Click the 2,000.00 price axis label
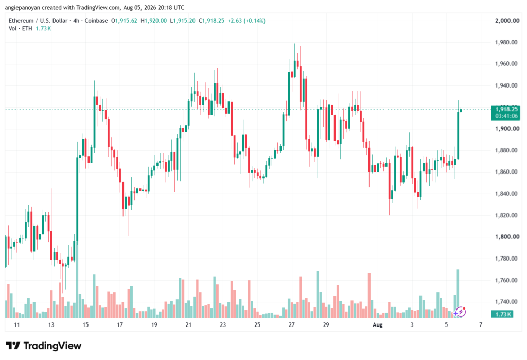507,21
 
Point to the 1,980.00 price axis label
506,42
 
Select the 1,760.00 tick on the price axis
506,280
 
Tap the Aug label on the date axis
377,324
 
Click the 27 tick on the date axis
291,324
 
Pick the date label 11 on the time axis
17,324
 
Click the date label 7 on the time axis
481,324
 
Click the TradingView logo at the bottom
43,346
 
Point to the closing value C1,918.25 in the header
212,21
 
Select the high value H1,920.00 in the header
153,21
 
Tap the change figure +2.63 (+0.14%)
247,21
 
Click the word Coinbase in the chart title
96,21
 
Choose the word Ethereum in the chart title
21,21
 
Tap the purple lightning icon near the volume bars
460,312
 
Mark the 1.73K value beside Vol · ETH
43,29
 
